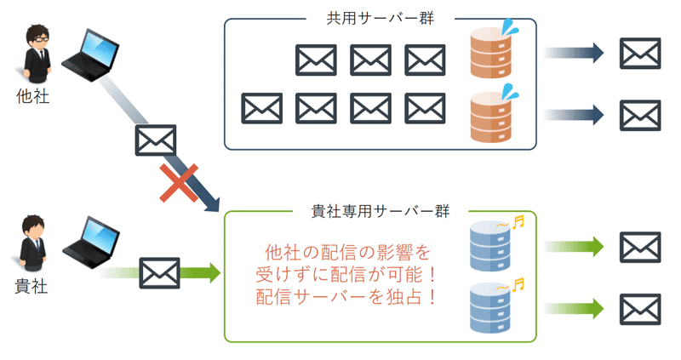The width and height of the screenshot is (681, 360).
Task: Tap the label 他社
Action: pyautogui.click(x=33, y=97)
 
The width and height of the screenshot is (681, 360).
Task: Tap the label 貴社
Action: pyautogui.click(x=32, y=286)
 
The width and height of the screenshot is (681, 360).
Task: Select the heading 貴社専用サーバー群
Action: pyautogui.click(x=381, y=209)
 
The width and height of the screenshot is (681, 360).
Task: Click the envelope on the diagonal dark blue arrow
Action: pyautogui.click(x=156, y=140)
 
